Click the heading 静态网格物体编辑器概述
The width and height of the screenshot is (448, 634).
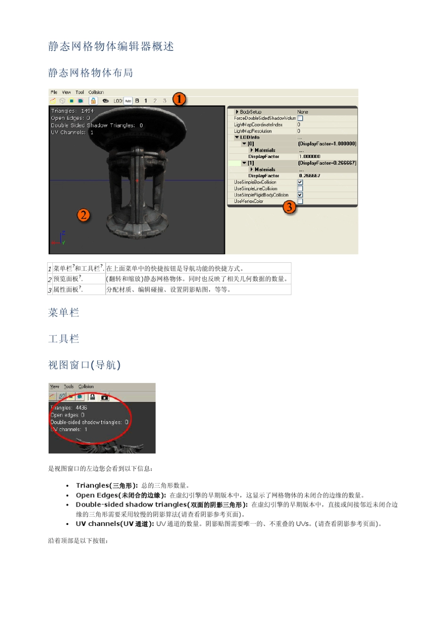pyautogui.click(x=111, y=46)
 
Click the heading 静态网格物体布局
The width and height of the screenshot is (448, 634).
pyautogui.click(x=91, y=73)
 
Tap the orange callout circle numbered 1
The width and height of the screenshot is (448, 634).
pyautogui.click(x=179, y=99)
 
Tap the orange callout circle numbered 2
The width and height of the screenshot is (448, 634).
pyautogui.click(x=83, y=215)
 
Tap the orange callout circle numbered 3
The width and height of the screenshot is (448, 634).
pyautogui.click(x=289, y=207)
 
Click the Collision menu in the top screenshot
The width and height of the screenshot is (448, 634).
pyautogui.click(x=96, y=92)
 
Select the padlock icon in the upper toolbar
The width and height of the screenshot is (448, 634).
pyautogui.click(x=93, y=100)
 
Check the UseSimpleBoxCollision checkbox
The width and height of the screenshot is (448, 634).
pyautogui.click(x=300, y=182)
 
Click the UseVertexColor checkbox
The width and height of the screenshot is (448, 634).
pyautogui.click(x=300, y=201)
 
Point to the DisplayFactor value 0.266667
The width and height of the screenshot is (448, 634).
pyautogui.click(x=309, y=175)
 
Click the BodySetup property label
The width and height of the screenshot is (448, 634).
pyautogui.click(x=250, y=112)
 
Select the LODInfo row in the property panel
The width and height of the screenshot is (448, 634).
pyautogui.click(x=249, y=137)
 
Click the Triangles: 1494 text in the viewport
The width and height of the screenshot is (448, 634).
pyautogui.click(x=72, y=111)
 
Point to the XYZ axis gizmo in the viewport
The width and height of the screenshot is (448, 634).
pyautogui.click(x=60, y=239)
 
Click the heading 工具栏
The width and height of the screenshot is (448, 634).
pyautogui.click(x=64, y=339)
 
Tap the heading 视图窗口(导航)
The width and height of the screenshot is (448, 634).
pyautogui.click(x=84, y=365)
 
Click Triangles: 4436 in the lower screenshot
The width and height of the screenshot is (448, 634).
pyautogui.click(x=69, y=408)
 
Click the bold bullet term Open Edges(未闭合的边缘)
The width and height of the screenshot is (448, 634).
pyautogui.click(x=121, y=495)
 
